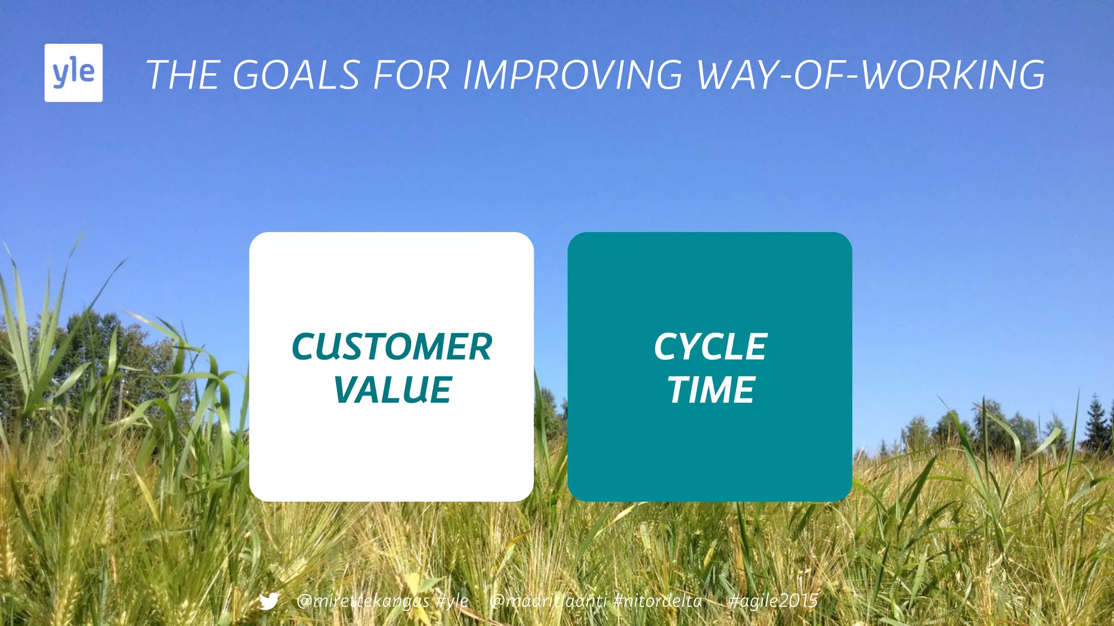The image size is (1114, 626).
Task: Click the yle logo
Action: pos(73,73)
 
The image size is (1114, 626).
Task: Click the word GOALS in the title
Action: pos(296,75)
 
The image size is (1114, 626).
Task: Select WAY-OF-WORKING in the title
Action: pos(870,75)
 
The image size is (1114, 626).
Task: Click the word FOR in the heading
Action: pos(411,75)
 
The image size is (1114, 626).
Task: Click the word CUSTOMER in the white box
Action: pos(392,347)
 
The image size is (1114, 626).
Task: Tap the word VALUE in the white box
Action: pos(392,390)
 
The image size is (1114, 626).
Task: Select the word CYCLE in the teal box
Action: pos(710,347)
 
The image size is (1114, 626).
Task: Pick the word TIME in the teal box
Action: pos(710,390)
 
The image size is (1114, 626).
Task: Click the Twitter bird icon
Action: pos(269,601)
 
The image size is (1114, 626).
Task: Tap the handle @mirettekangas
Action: pos(362,601)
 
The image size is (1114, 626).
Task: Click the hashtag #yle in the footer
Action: pos(452,601)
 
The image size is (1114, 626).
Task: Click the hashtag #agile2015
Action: pos(773,601)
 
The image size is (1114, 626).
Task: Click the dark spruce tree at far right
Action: pos(1096,424)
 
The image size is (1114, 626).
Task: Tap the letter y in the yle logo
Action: pos(60,74)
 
